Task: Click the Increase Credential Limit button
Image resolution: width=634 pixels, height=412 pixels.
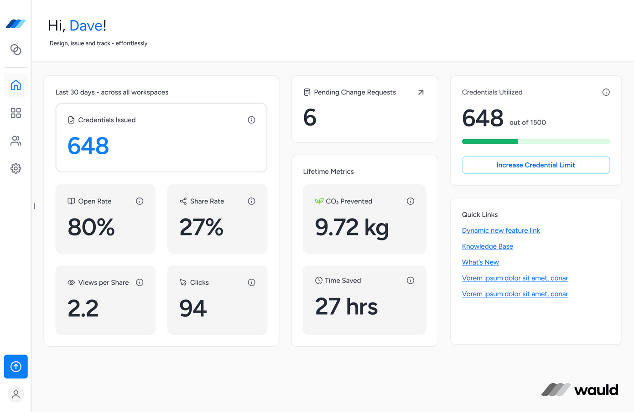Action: click(535, 165)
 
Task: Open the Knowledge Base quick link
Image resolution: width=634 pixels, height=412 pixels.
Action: click(487, 246)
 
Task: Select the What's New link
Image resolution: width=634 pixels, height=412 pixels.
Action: click(480, 262)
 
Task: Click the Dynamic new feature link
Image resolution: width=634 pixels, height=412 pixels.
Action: click(500, 230)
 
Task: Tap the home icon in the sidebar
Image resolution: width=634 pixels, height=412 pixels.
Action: click(16, 85)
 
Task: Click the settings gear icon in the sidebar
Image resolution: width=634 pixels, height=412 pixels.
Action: click(16, 168)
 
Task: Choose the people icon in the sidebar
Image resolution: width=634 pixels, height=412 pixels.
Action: click(16, 141)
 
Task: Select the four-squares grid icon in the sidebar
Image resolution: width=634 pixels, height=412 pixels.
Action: click(16, 113)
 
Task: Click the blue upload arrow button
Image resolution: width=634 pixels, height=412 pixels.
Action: click(16, 367)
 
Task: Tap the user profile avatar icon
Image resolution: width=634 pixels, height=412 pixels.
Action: click(16, 394)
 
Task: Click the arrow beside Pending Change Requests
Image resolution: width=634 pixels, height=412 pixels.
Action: click(421, 92)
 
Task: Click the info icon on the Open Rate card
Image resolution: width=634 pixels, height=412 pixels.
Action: click(140, 201)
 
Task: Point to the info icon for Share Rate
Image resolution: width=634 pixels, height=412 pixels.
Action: click(251, 201)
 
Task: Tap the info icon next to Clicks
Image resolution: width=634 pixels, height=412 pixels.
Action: click(251, 282)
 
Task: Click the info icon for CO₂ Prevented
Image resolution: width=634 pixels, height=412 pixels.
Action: click(411, 201)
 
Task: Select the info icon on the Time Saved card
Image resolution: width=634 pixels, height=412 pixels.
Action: click(411, 281)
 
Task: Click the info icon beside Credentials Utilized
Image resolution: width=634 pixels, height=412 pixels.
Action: click(606, 92)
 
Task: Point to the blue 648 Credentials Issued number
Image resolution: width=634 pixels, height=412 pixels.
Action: click(88, 146)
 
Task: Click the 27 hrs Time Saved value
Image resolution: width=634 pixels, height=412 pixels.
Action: click(346, 306)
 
